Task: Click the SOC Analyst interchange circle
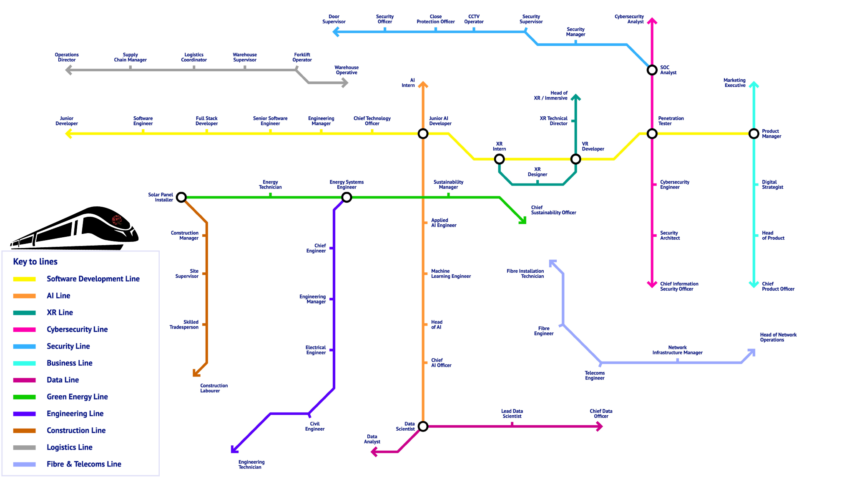pyautogui.click(x=652, y=70)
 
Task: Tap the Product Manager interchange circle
pyautogui.click(x=754, y=134)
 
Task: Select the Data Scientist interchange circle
pyautogui.click(x=423, y=426)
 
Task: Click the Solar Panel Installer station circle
pyautogui.click(x=181, y=197)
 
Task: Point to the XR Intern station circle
pyautogui.click(x=499, y=159)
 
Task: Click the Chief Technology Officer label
pyautogui.click(x=372, y=121)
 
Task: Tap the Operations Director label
pyautogui.click(x=67, y=57)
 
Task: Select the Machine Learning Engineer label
pyautogui.click(x=451, y=274)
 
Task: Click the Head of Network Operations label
pyautogui.click(x=778, y=337)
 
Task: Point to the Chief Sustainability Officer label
pyautogui.click(x=553, y=210)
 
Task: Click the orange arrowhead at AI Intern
pyautogui.click(x=423, y=85)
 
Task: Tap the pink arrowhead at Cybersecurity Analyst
pyautogui.click(x=652, y=21)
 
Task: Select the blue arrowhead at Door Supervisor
pyautogui.click(x=336, y=32)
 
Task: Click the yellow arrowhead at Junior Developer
pyautogui.click(x=69, y=134)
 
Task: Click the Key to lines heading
pyautogui.click(x=35, y=261)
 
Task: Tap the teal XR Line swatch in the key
pyautogui.click(x=24, y=313)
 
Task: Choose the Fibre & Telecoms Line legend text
pyautogui.click(x=84, y=464)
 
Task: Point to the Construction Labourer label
pyautogui.click(x=213, y=388)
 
